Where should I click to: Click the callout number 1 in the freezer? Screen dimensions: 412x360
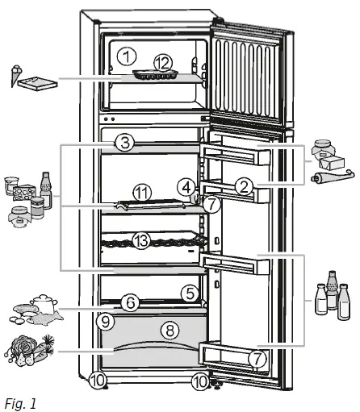(x=124, y=56)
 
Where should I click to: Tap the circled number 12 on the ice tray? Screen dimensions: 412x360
(x=163, y=62)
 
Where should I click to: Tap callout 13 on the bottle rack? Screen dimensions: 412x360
(x=143, y=240)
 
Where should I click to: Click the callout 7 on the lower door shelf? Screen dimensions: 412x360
(x=257, y=360)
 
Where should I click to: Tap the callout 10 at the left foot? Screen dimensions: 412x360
(x=98, y=380)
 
